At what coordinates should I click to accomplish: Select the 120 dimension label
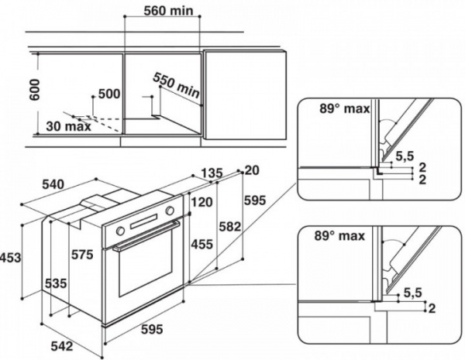(x=202, y=202)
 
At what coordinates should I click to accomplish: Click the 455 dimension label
(x=202, y=245)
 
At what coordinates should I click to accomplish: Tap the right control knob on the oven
(x=170, y=211)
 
